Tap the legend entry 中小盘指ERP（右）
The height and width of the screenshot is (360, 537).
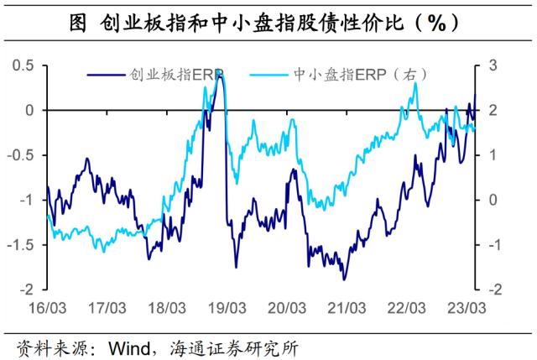click(x=353, y=74)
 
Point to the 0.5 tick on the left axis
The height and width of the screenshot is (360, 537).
click(x=28, y=65)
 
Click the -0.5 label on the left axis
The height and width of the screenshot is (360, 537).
click(x=25, y=155)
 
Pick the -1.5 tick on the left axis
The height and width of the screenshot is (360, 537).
click(x=25, y=245)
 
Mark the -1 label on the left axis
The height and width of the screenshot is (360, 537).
click(x=31, y=200)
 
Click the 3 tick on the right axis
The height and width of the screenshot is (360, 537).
click(x=493, y=65)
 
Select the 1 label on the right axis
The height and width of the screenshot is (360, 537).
click(x=493, y=155)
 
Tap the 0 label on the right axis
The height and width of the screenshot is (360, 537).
click(x=493, y=200)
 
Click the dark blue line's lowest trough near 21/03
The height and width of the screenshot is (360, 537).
click(x=342, y=279)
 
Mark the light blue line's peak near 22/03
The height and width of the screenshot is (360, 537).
click(x=414, y=84)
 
